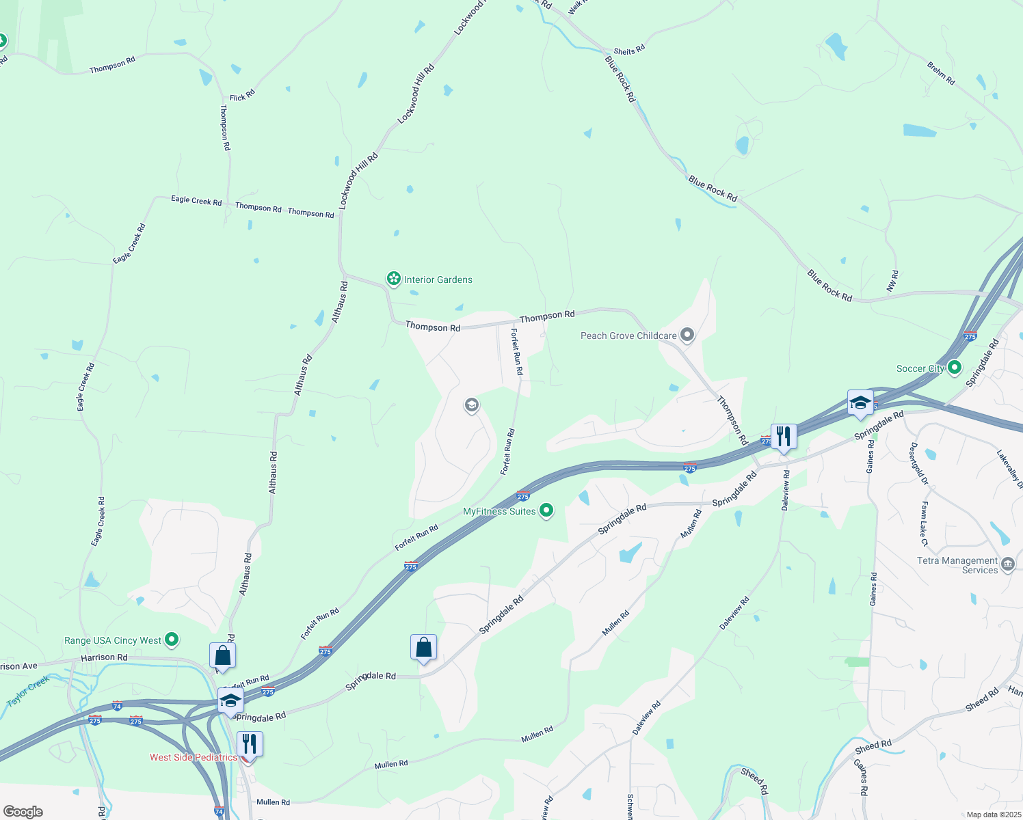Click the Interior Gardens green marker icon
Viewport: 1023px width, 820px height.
coord(393,279)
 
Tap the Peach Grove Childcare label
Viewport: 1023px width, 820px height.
coord(628,336)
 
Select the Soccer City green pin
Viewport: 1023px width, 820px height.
coord(955,368)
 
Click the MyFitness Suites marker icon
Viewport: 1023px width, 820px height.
coord(546,510)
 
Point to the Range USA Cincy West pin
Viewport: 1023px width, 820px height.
coord(172,640)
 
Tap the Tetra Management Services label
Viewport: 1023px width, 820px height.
coord(957,565)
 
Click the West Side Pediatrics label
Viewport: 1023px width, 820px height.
coord(193,757)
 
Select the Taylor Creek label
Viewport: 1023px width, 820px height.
coord(28,691)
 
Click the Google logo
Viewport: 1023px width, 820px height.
coord(23,812)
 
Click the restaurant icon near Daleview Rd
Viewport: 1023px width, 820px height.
coord(784,436)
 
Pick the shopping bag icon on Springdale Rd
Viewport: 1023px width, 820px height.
coord(423,646)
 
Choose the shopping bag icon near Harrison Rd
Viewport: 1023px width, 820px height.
coord(222,655)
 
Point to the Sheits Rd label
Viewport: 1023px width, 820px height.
coord(629,51)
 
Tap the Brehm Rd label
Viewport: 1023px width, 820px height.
coord(941,73)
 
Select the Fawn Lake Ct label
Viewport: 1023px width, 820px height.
coord(924,523)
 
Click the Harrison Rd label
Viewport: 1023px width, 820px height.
coord(104,657)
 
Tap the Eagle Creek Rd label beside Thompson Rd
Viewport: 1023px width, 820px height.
coord(196,201)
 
